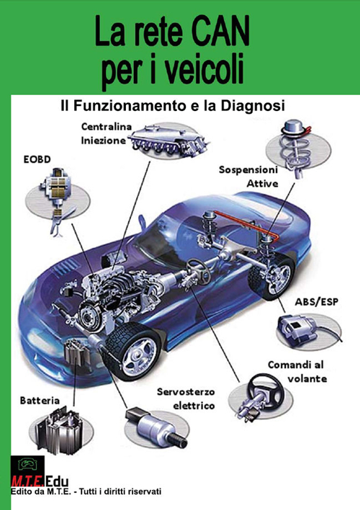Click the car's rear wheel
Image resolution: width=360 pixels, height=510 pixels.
(x=274, y=278)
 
